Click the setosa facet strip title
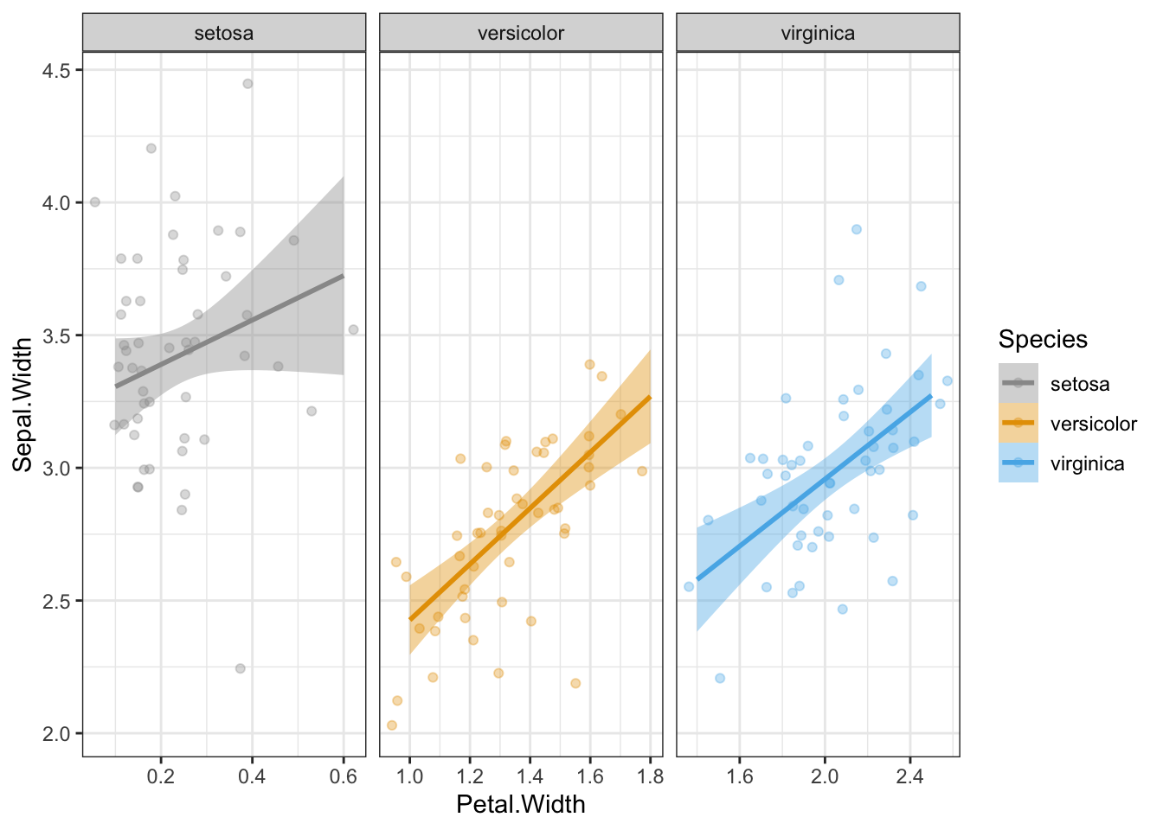click(224, 34)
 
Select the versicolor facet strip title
click(521, 34)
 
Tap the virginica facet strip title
click(818, 34)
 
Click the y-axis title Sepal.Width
click(23, 405)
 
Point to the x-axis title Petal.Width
click(521, 805)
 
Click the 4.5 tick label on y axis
click(56, 70)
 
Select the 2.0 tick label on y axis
click(56, 733)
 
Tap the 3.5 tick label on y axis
click(56, 335)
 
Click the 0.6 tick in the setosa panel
click(344, 776)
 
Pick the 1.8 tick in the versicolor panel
click(650, 776)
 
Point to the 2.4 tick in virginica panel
click(909, 776)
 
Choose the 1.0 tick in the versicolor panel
click(409, 776)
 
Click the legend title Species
click(1043, 339)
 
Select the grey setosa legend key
click(1018, 383)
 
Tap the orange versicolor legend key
click(1018, 423)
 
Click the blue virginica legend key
click(1018, 463)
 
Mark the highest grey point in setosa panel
click(247, 84)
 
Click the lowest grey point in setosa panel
click(241, 668)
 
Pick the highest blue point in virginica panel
click(857, 229)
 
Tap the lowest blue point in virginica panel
click(720, 679)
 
